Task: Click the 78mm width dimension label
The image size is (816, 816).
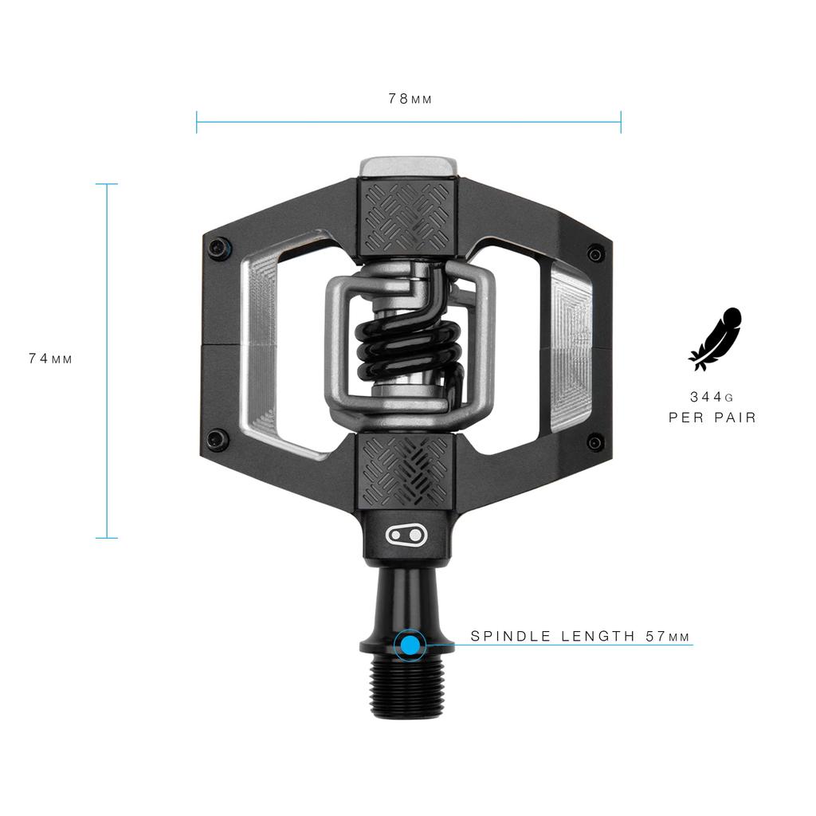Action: coord(410,99)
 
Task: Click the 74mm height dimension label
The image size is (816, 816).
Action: coord(50,359)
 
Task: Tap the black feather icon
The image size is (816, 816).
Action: coord(715,339)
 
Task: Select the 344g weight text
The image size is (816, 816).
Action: coord(712,396)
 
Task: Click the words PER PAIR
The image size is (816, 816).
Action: coord(712,417)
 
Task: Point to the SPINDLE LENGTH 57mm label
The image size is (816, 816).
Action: coord(580,636)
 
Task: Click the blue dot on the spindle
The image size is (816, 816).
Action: coord(410,645)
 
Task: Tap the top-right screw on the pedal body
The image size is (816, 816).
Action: coord(594,253)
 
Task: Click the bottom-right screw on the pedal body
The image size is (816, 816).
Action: coord(594,441)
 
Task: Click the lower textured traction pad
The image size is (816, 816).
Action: coord(409,471)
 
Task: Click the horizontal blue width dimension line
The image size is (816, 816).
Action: coord(409,122)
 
